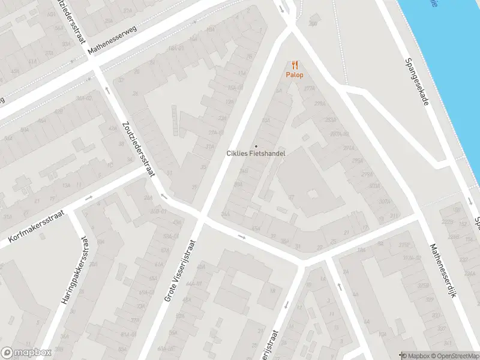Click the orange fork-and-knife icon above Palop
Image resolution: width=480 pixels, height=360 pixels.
click(294, 65)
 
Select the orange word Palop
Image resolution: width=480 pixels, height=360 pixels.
click(294, 75)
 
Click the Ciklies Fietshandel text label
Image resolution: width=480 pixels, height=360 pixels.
click(256, 154)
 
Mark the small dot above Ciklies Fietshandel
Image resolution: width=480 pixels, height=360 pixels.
click(256, 146)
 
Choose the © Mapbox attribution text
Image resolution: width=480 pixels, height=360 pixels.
click(414, 356)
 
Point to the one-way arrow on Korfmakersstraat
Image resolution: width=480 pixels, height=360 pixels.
click(89, 197)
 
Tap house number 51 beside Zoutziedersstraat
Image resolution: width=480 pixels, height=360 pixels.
click(170, 173)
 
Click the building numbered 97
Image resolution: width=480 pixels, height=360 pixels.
click(291, 197)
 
